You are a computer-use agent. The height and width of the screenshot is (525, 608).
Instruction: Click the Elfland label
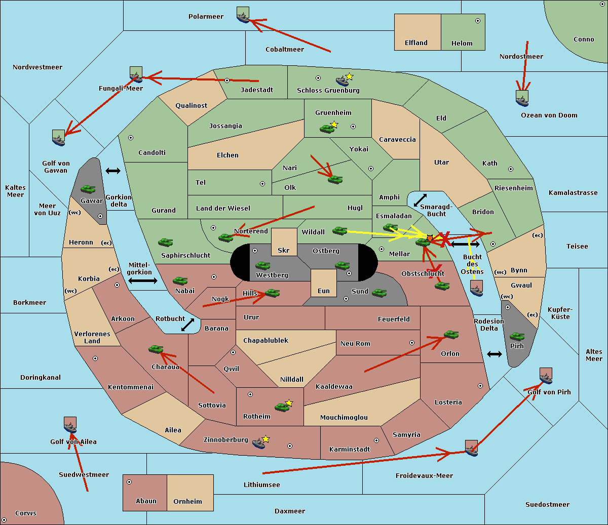pyautogui.click(x=416, y=43)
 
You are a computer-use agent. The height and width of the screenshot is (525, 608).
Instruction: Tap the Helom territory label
pyautogui.click(x=462, y=44)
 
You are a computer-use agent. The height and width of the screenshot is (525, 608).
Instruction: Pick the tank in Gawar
pyautogui.click(x=88, y=189)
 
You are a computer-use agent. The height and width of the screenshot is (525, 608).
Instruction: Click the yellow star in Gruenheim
pyautogui.click(x=334, y=124)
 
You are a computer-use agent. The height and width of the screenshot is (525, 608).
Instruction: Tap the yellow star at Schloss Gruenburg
pyautogui.click(x=349, y=76)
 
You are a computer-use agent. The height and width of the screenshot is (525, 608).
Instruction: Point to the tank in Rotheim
pyautogui.click(x=282, y=407)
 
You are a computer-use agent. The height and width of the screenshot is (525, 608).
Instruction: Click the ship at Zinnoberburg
pyautogui.click(x=258, y=444)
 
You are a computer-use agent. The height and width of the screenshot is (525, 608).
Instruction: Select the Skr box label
pyautogui.click(x=284, y=250)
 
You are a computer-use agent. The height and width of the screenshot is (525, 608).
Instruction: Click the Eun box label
pyautogui.click(x=324, y=291)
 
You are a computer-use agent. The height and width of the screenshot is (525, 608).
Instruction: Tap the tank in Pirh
pyautogui.click(x=517, y=336)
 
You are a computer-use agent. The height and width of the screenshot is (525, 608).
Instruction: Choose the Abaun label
pyautogui.click(x=146, y=501)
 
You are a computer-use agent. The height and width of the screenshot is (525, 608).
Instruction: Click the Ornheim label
pyautogui.click(x=187, y=502)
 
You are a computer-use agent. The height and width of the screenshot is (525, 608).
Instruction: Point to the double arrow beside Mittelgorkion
pyautogui.click(x=143, y=281)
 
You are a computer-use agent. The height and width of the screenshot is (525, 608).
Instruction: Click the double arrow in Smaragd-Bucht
pyautogui.click(x=421, y=200)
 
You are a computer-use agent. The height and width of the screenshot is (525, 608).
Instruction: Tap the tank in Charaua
pyautogui.click(x=156, y=349)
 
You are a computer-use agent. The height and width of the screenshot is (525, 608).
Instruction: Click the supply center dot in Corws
pyautogui.click(x=4, y=520)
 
